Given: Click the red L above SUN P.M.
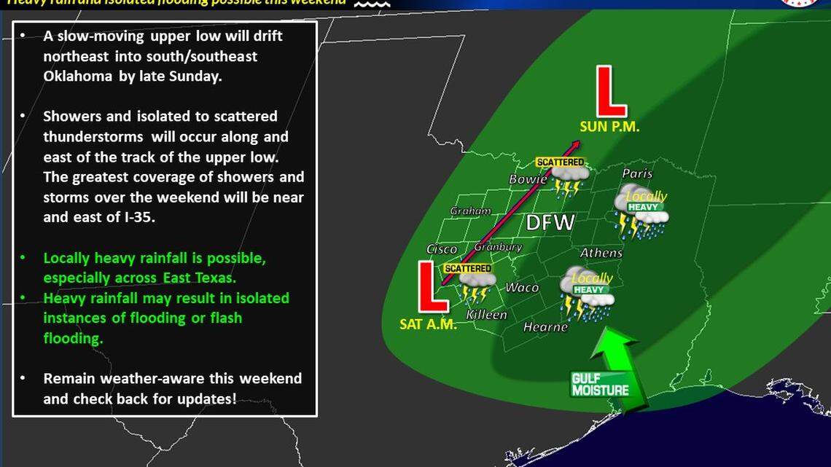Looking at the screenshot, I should point(610,92).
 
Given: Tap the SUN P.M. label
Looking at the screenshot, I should point(609,127).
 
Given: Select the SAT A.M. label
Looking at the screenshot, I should point(428,324).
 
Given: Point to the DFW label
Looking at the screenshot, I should point(551,222).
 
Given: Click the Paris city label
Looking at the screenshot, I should point(637,173).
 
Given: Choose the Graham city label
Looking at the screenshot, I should point(470,211).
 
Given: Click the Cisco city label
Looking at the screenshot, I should point(442,249).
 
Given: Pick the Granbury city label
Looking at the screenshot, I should point(498,247).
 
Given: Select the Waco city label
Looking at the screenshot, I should point(522,287).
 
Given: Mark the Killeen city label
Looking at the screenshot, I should point(486,315).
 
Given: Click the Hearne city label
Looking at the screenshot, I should point(545,327).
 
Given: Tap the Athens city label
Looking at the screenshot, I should point(601,253).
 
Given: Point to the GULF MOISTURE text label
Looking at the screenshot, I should point(600,384).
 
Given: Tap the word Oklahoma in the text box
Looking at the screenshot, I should point(76,76).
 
